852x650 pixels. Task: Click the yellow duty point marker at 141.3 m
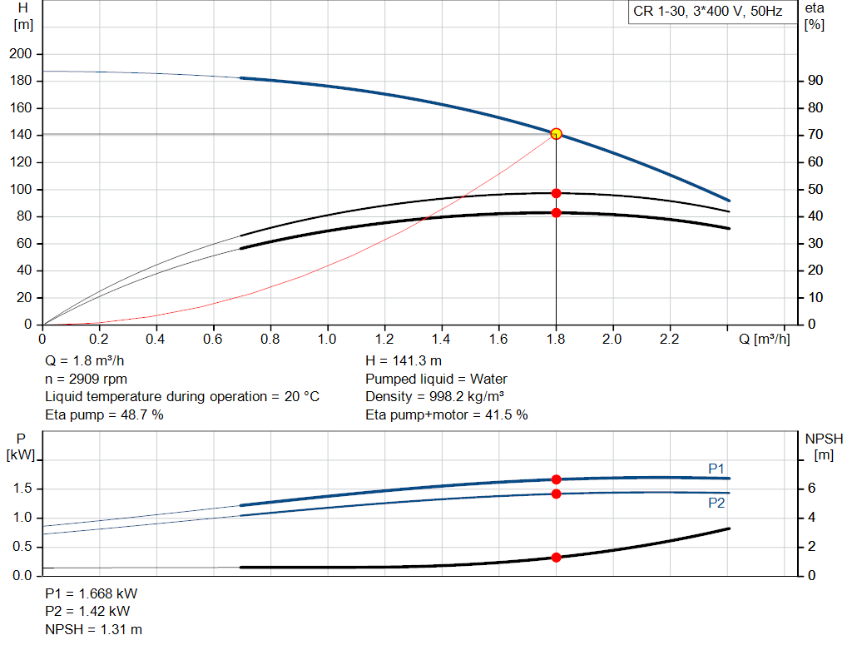pyautogui.click(x=556, y=133)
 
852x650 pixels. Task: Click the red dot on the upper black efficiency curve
pyautogui.click(x=556, y=193)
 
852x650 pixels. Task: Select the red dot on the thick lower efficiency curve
pyautogui.click(x=556, y=213)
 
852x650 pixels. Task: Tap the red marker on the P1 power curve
pyautogui.click(x=556, y=479)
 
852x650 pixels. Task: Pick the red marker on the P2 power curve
pyautogui.click(x=556, y=494)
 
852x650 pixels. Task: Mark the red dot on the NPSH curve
pyautogui.click(x=556, y=558)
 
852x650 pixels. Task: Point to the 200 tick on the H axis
pyautogui.click(x=19, y=54)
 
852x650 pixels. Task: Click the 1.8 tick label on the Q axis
pyautogui.click(x=556, y=340)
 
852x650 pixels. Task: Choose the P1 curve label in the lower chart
pyautogui.click(x=716, y=469)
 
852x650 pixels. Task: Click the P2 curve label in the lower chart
pyautogui.click(x=716, y=503)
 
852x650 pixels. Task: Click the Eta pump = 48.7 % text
pyautogui.click(x=104, y=414)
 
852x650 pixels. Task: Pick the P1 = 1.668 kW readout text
pyautogui.click(x=92, y=594)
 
